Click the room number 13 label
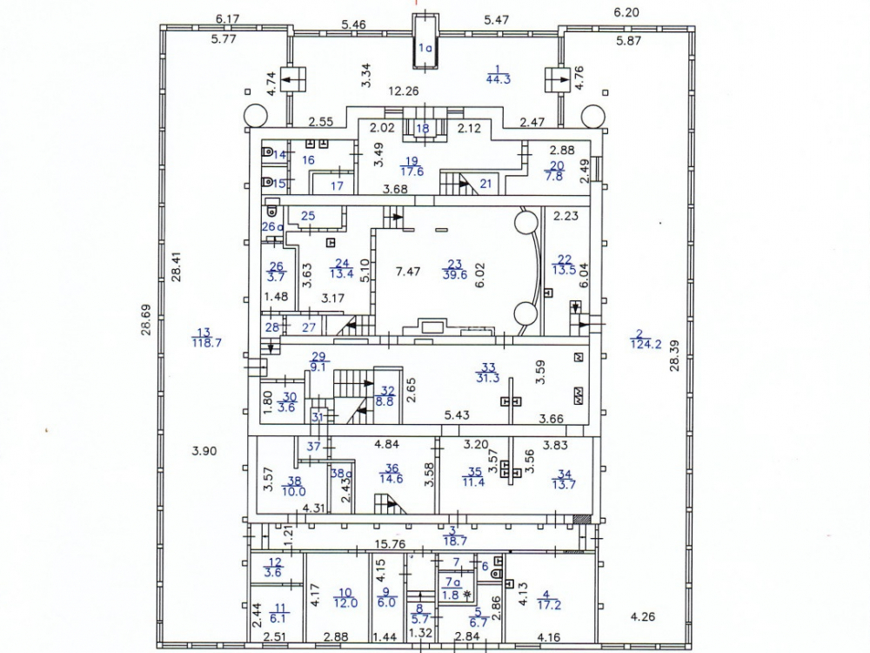tap(204, 332)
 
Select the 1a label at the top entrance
tap(425, 49)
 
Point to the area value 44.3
tap(497, 79)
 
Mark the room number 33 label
tap(489, 367)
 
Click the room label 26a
tap(273, 227)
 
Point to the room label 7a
tap(452, 582)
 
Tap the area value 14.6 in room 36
tap(391, 478)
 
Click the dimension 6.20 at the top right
tap(626, 13)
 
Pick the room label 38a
tap(338, 475)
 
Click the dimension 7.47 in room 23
tap(408, 272)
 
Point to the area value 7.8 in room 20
tap(554, 177)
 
